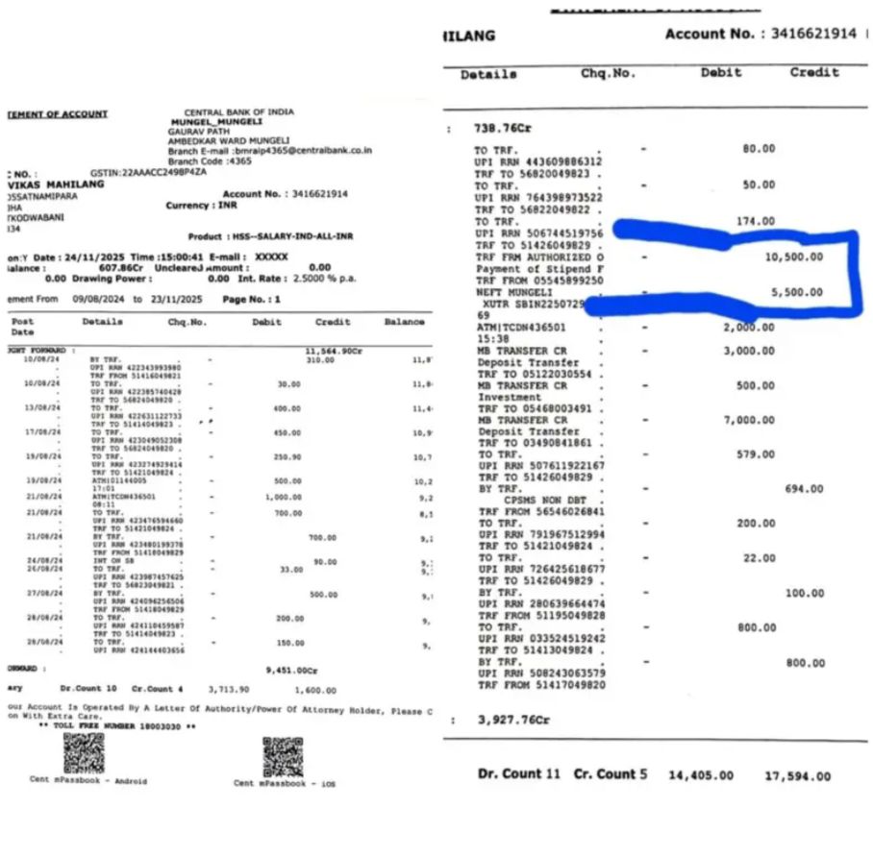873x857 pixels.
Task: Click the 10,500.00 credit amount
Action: click(x=793, y=257)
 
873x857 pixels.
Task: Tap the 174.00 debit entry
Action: click(x=755, y=222)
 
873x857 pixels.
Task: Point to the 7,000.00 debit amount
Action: click(x=749, y=421)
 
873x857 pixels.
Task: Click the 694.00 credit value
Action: click(x=804, y=489)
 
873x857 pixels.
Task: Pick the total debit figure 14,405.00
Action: click(x=700, y=776)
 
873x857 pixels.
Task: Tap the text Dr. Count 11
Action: click(x=518, y=774)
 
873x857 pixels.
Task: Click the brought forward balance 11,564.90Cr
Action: click(x=333, y=351)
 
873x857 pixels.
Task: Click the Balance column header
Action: click(x=404, y=322)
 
